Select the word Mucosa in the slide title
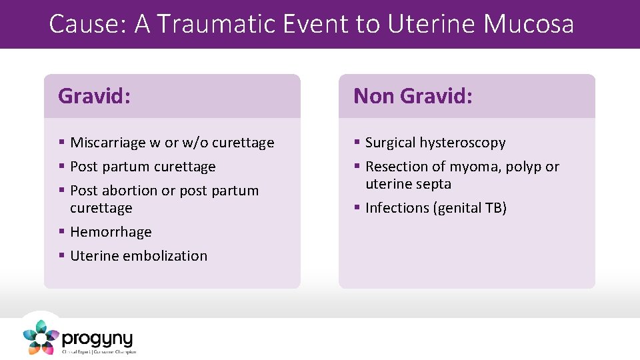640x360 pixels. (528, 24)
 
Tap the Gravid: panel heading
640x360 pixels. (94, 96)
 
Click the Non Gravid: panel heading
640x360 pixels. (413, 96)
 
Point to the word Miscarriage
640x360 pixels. (109, 143)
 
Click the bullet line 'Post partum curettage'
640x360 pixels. (143, 167)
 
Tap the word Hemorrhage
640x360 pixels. (111, 232)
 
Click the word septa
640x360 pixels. (434, 184)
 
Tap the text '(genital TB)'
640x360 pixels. (470, 208)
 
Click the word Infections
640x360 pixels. (397, 208)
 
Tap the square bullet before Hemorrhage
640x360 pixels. (61, 232)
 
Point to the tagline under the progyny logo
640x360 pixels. (99, 351)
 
